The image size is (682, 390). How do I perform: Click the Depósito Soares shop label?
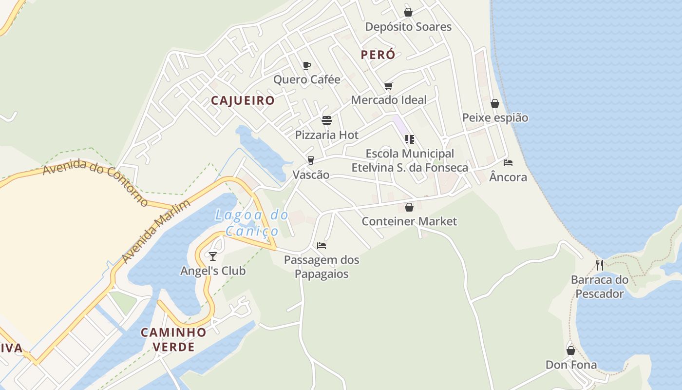[x=408, y=27]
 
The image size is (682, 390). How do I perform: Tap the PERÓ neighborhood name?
[x=378, y=55]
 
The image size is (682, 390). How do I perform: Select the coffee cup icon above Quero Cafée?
[x=307, y=65]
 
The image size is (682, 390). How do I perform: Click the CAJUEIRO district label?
[x=243, y=101]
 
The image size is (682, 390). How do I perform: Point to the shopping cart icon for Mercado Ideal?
[x=388, y=86]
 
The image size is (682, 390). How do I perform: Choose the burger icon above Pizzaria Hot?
[x=327, y=120]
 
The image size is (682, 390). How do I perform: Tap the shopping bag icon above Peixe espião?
[x=495, y=103]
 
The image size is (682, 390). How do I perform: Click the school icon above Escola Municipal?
[x=409, y=139]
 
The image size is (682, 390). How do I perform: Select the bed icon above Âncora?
[x=508, y=163]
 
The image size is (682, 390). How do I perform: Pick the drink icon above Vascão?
[x=310, y=160]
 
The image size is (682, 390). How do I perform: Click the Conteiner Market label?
[x=409, y=221]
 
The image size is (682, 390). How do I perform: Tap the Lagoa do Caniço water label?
[x=251, y=223]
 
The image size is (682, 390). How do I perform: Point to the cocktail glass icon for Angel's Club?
[x=213, y=256]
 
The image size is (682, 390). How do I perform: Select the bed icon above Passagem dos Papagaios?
[x=322, y=246]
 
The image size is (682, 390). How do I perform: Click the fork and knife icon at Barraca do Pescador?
[x=600, y=265]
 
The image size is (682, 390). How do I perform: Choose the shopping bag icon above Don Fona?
[x=571, y=351]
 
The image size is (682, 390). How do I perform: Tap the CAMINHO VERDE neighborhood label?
[x=173, y=340]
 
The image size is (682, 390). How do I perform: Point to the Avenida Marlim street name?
[x=156, y=231]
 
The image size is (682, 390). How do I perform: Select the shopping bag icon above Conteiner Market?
[x=409, y=207]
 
